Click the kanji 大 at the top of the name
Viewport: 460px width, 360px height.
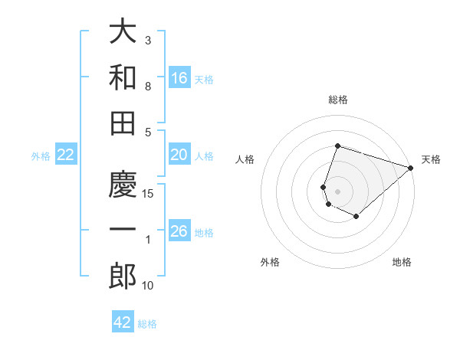click(x=123, y=33)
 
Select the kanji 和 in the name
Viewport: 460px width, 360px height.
click(x=123, y=77)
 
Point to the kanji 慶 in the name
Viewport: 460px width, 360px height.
click(x=123, y=186)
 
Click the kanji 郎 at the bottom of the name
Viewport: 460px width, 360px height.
click(x=123, y=277)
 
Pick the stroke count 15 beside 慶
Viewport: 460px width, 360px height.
click(x=149, y=194)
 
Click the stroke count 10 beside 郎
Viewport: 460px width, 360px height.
click(x=149, y=286)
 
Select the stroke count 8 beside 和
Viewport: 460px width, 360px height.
click(x=148, y=87)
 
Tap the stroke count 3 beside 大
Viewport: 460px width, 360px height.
click(x=148, y=40)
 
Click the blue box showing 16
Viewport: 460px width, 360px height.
click(x=179, y=78)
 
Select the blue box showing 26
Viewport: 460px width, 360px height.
click(x=179, y=231)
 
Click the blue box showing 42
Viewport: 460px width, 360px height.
click(x=123, y=322)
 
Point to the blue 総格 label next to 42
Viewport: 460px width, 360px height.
click(x=147, y=324)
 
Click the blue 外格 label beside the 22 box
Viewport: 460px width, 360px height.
click(x=41, y=156)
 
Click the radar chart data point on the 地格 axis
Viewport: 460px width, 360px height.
click(x=356, y=217)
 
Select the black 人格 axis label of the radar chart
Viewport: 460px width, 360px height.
click(x=245, y=159)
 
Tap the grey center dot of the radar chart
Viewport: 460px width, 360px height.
click(x=337, y=190)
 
